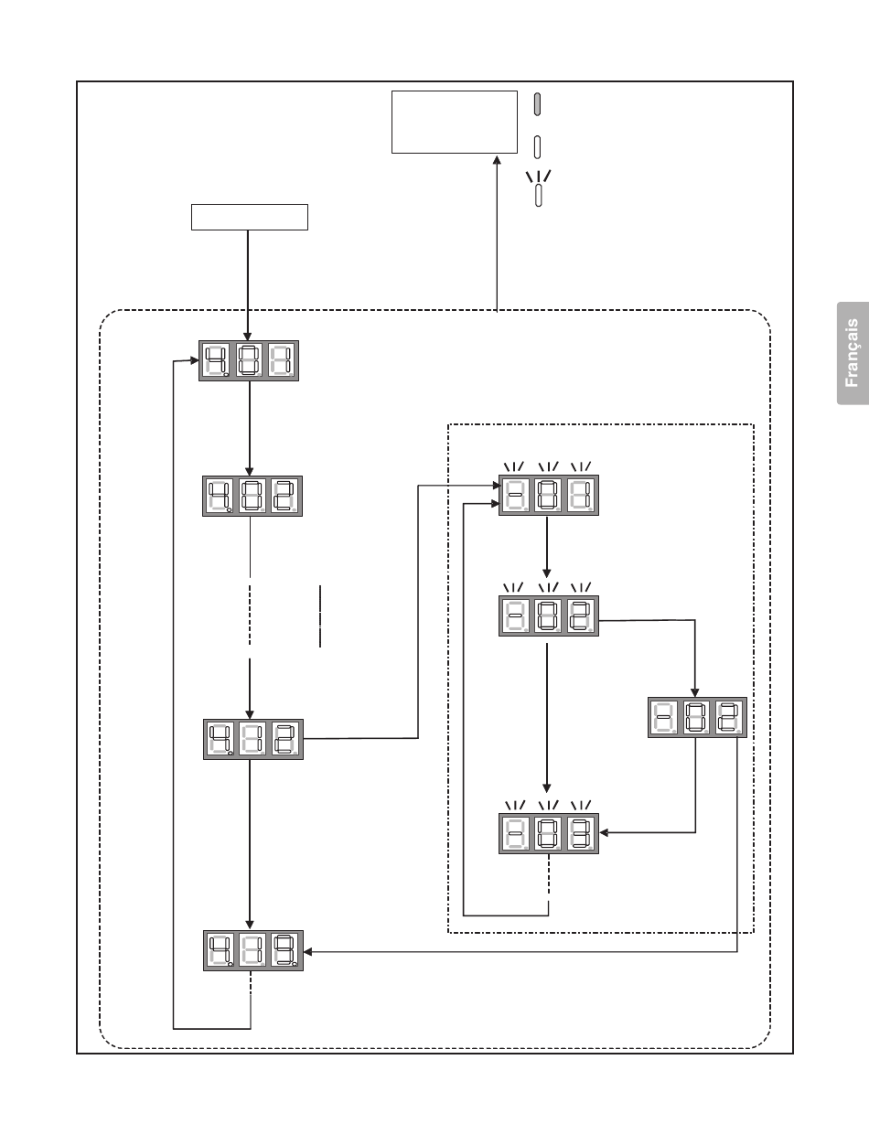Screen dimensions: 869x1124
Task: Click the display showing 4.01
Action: coord(249,360)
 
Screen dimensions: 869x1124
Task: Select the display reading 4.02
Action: coord(252,496)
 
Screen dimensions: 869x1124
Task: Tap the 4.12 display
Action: coord(253,739)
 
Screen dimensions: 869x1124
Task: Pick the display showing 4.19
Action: coord(253,951)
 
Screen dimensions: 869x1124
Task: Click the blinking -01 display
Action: coord(549,495)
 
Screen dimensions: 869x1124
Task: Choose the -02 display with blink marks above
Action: coord(549,616)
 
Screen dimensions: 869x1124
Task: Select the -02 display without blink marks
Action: coord(697,717)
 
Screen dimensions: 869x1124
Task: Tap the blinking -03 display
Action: coord(549,833)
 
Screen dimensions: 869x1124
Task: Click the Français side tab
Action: coord(853,353)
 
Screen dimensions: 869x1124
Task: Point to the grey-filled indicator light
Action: coord(538,104)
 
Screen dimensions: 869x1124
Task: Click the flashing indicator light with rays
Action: coord(539,188)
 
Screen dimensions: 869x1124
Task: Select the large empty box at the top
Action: coord(455,122)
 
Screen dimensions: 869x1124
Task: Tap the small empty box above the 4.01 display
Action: coord(250,218)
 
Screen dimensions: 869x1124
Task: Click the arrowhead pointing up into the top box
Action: coord(497,160)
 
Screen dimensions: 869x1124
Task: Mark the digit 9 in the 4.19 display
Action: coord(285,950)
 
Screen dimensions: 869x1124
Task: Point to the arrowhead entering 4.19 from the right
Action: coord(307,952)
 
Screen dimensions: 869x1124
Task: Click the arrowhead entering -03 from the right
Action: coord(604,833)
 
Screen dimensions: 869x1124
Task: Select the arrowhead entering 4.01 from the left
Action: coord(195,360)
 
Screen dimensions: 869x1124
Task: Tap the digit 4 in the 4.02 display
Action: coord(220,496)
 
